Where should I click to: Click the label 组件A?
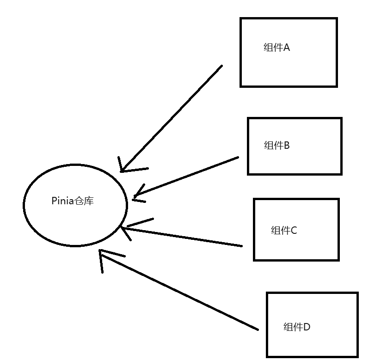click(x=276, y=48)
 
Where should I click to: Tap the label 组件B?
click(x=276, y=146)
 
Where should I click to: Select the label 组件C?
click(x=283, y=230)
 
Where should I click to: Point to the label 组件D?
click(x=296, y=327)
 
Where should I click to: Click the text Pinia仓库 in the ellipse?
click(x=73, y=201)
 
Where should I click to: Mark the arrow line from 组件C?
click(x=185, y=237)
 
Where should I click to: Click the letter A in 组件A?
click(x=286, y=48)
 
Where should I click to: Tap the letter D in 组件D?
click(x=307, y=327)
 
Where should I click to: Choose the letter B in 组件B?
click(x=287, y=146)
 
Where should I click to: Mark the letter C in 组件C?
click(x=294, y=230)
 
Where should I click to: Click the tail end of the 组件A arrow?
click(x=221, y=66)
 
